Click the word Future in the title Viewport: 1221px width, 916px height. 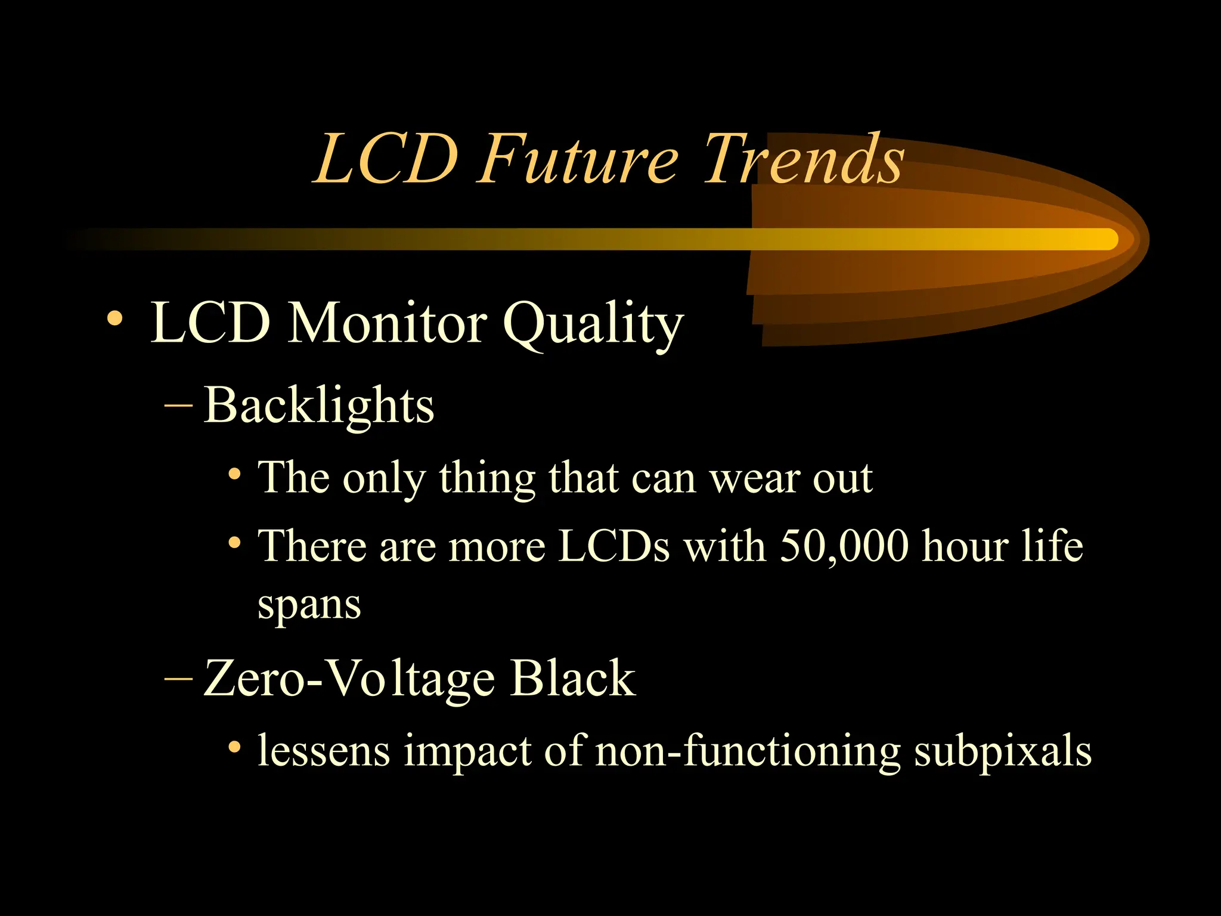577,159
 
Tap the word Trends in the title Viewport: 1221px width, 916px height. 803,159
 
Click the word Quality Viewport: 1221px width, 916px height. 593,325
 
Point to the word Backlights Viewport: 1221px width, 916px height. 319,406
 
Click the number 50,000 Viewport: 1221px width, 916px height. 844,545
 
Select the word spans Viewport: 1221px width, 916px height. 309,606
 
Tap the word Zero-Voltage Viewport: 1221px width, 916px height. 349,679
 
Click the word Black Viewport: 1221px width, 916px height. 573,679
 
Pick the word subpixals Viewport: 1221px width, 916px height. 1003,751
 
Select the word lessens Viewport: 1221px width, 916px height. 324,751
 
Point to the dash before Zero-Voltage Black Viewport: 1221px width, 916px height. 178,679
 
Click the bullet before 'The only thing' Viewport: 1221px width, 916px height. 235,475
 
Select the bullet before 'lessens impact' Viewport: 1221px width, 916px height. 235,747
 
